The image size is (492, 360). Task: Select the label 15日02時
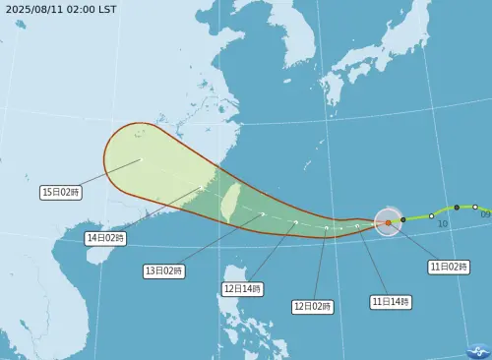coord(61,193)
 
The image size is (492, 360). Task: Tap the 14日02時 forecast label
coord(105,238)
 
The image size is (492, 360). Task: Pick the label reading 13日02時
coord(163,270)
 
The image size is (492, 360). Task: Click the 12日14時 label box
coord(242,289)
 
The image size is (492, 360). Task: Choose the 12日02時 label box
coord(313,306)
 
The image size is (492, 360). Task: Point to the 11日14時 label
coord(391,300)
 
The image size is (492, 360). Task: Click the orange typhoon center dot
coord(389,222)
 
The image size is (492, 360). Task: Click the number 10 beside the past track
coord(443,224)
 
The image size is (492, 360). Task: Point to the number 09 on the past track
coord(484,213)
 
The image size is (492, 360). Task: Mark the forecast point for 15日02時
coord(141,159)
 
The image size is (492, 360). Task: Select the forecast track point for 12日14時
coord(296,222)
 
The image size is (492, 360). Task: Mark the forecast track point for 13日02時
coord(263,213)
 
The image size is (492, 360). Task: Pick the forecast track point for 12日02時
coord(328,228)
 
